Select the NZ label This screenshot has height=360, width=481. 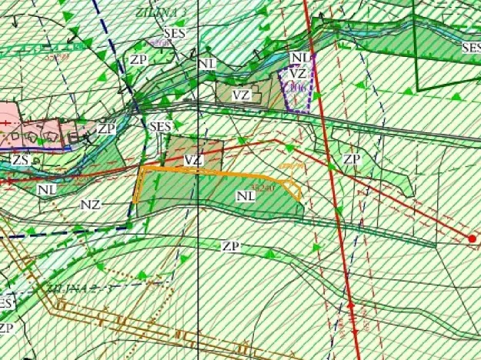coord(90,205)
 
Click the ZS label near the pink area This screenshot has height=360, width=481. coord(22,159)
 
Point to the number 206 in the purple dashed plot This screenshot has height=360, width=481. coord(298,88)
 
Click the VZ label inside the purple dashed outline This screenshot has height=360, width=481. coord(299,75)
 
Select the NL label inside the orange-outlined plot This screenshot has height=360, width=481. coord(246,195)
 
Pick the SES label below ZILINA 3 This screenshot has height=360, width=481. coord(175,36)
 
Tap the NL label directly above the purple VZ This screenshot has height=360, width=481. coord(300,58)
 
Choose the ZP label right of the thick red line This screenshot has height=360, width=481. coord(352,159)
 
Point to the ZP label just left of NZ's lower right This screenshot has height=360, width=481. coord(230,246)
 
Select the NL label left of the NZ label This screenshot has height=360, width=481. coord(46,188)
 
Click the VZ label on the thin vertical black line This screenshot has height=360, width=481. coord(194,160)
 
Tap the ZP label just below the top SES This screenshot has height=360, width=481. coord(138,59)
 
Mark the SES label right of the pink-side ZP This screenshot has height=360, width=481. coord(160,126)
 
